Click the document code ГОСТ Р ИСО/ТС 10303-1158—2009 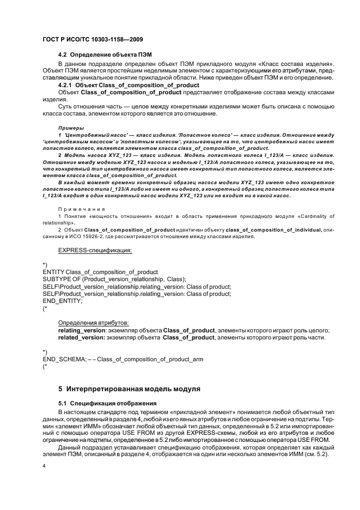(87, 40)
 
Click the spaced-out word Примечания (81, 209)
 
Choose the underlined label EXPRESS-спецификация (95, 250)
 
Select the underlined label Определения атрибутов (93, 323)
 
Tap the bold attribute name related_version (81, 338)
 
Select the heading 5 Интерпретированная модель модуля (130, 389)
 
